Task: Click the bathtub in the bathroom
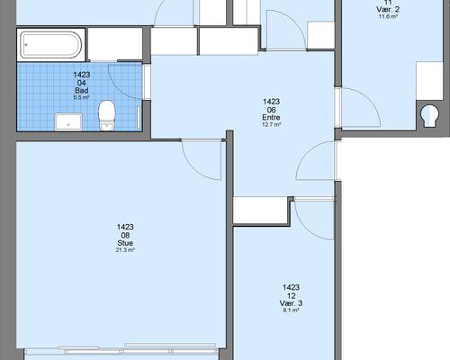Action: point(51,45)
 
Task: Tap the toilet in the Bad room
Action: point(106,115)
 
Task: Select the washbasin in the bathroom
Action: point(68,122)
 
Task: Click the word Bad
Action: point(82,90)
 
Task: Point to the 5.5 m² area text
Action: point(82,97)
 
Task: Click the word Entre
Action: point(271,117)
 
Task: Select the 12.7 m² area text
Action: point(271,124)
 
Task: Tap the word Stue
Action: point(125,243)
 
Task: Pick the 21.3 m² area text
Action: point(125,250)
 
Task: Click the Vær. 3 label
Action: point(291,303)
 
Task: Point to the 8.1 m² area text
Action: point(291,310)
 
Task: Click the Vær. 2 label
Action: point(388,9)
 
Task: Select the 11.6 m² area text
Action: point(388,16)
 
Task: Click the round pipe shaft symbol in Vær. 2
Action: point(429,116)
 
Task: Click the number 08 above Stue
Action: point(125,235)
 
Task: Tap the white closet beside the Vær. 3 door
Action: point(260,210)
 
